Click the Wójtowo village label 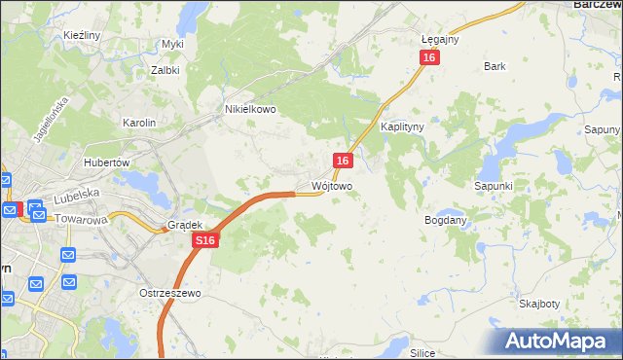(332, 185)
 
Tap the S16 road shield (203, 240)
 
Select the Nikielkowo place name (251, 110)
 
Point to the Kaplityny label (401, 127)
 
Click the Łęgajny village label (440, 39)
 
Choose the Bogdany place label (447, 221)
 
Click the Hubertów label (107, 162)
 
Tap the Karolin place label (139, 123)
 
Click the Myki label (172, 44)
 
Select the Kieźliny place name (83, 35)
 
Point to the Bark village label (495, 66)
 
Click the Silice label (421, 352)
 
